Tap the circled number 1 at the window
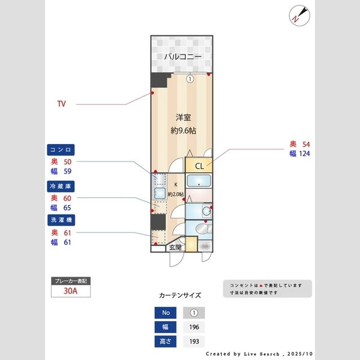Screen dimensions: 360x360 click(x=190, y=79)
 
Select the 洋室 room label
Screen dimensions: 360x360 click(x=183, y=118)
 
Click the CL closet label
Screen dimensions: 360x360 click(x=199, y=166)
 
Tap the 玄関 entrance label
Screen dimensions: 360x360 click(x=175, y=247)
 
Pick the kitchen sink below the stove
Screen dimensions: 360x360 click(x=160, y=193)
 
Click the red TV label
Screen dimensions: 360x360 click(x=61, y=104)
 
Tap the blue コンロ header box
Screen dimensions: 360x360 click(x=62, y=149)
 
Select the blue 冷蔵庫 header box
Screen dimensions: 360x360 click(x=62, y=187)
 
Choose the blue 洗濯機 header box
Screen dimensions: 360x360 click(x=62, y=221)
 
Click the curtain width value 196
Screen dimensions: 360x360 click(x=193, y=328)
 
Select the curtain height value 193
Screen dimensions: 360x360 click(x=193, y=342)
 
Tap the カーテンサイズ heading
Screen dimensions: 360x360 click(x=180, y=295)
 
